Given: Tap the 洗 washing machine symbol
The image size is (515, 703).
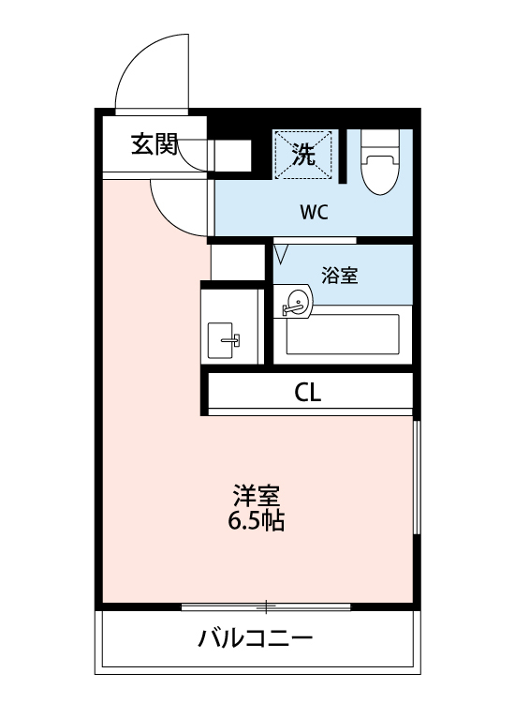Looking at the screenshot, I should tap(303, 153).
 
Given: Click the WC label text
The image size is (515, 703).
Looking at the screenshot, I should tap(314, 212).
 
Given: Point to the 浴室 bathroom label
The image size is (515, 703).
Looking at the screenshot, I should tap(340, 276).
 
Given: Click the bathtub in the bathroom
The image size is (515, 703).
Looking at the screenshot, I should tap(343, 334).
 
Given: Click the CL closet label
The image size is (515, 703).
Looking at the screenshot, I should tap(308, 393).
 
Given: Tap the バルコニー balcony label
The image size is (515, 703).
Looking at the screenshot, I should tap(255, 641).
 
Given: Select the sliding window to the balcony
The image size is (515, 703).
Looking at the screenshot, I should tap(266, 606).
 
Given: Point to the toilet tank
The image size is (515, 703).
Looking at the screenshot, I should tap(381, 140).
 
